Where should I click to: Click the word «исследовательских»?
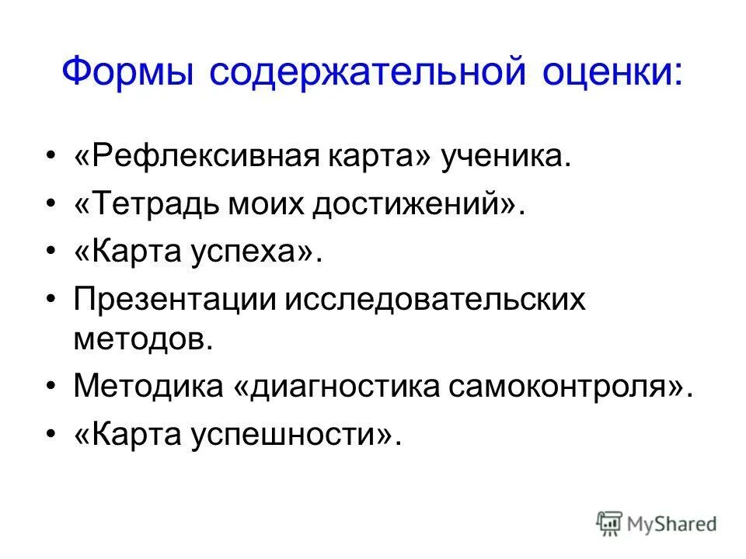[435, 300]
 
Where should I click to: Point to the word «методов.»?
[143, 339]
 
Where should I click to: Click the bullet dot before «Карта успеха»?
[51, 254]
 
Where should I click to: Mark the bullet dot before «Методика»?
[51, 387]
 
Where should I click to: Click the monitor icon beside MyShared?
[608, 523]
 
